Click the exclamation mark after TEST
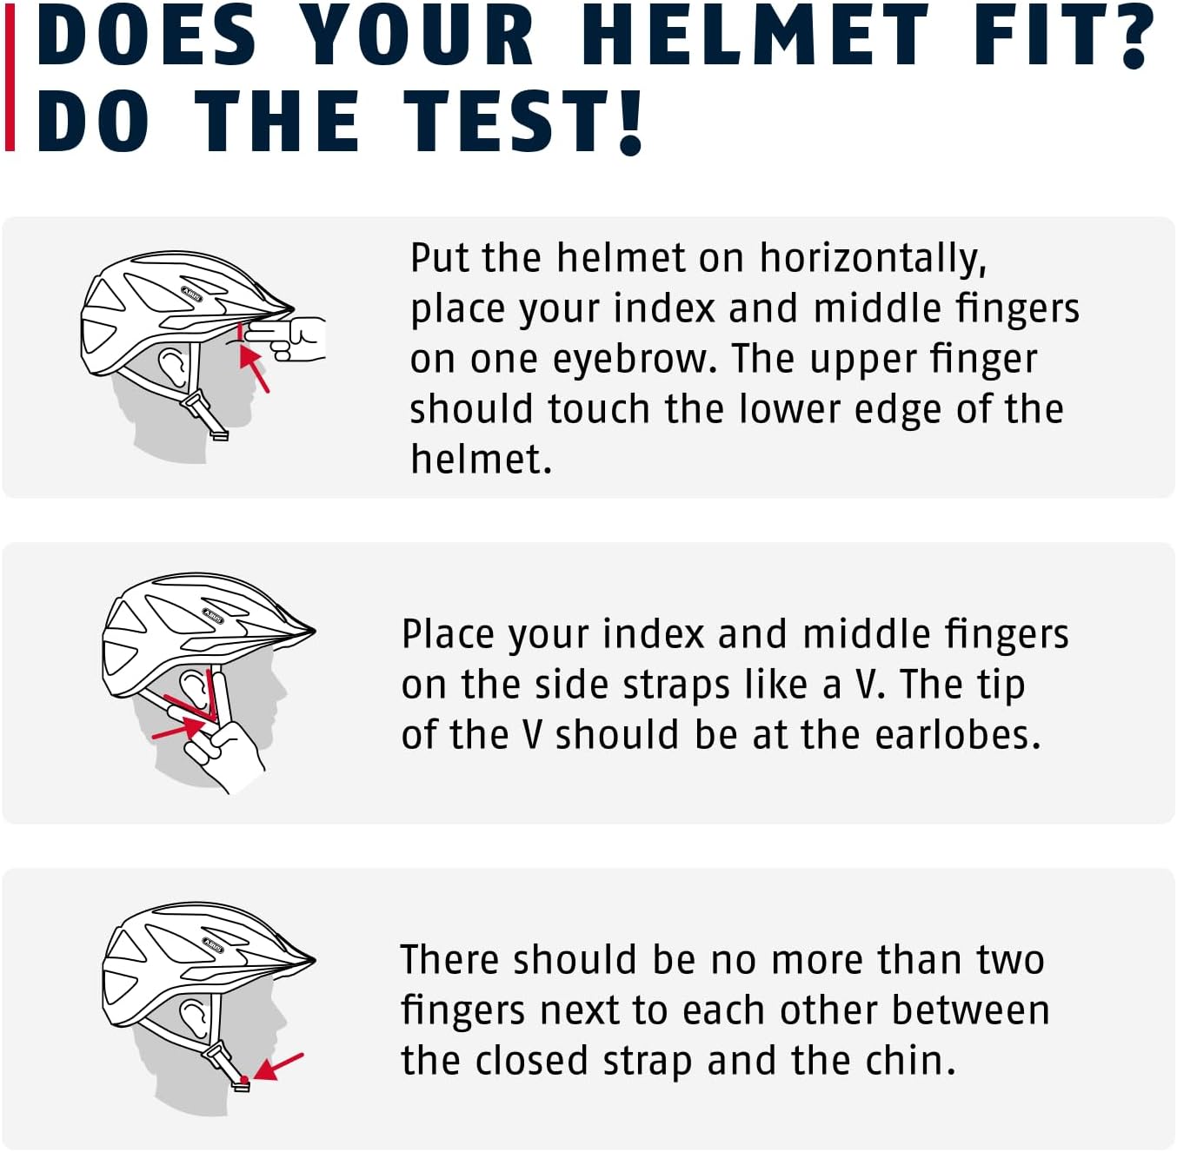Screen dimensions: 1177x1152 coord(629,122)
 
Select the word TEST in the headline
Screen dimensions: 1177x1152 coord(507,122)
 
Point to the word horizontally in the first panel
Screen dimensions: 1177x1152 coord(873,258)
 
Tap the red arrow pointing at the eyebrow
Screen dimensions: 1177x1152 coord(254,368)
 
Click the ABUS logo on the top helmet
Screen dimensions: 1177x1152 coord(192,294)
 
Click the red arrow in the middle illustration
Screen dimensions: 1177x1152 coord(179,727)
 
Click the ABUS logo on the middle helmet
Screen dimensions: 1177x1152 coord(213,616)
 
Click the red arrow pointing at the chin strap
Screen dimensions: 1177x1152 coord(278,1067)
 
